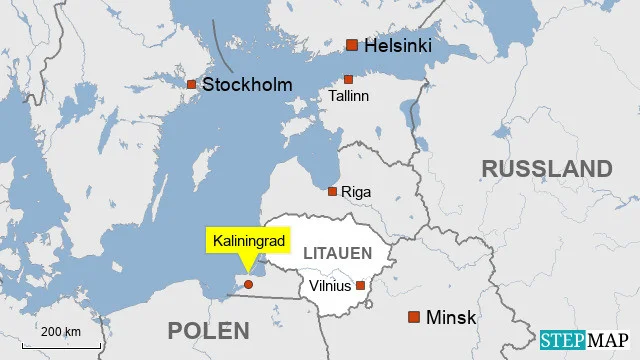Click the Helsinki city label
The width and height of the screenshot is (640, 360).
point(397,45)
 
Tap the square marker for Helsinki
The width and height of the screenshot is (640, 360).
point(352,44)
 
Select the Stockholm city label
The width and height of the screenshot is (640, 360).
point(247,85)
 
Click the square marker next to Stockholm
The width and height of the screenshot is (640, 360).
point(192,84)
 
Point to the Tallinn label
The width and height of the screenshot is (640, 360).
point(349,96)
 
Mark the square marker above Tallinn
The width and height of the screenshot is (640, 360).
point(348,79)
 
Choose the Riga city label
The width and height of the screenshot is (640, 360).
point(356,191)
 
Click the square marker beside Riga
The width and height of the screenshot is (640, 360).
point(333,191)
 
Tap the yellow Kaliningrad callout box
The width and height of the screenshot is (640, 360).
point(250,241)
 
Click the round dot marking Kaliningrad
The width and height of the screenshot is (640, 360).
point(248,284)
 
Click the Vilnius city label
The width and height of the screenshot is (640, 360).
point(330,286)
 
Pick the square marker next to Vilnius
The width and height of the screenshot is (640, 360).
point(361,285)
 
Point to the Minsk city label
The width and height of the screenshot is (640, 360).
point(451,318)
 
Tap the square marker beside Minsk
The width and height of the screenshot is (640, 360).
point(414,317)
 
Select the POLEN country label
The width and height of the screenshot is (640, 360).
point(207,330)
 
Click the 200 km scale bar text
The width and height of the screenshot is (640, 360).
point(60,332)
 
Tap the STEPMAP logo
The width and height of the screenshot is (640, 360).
point(587,340)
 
